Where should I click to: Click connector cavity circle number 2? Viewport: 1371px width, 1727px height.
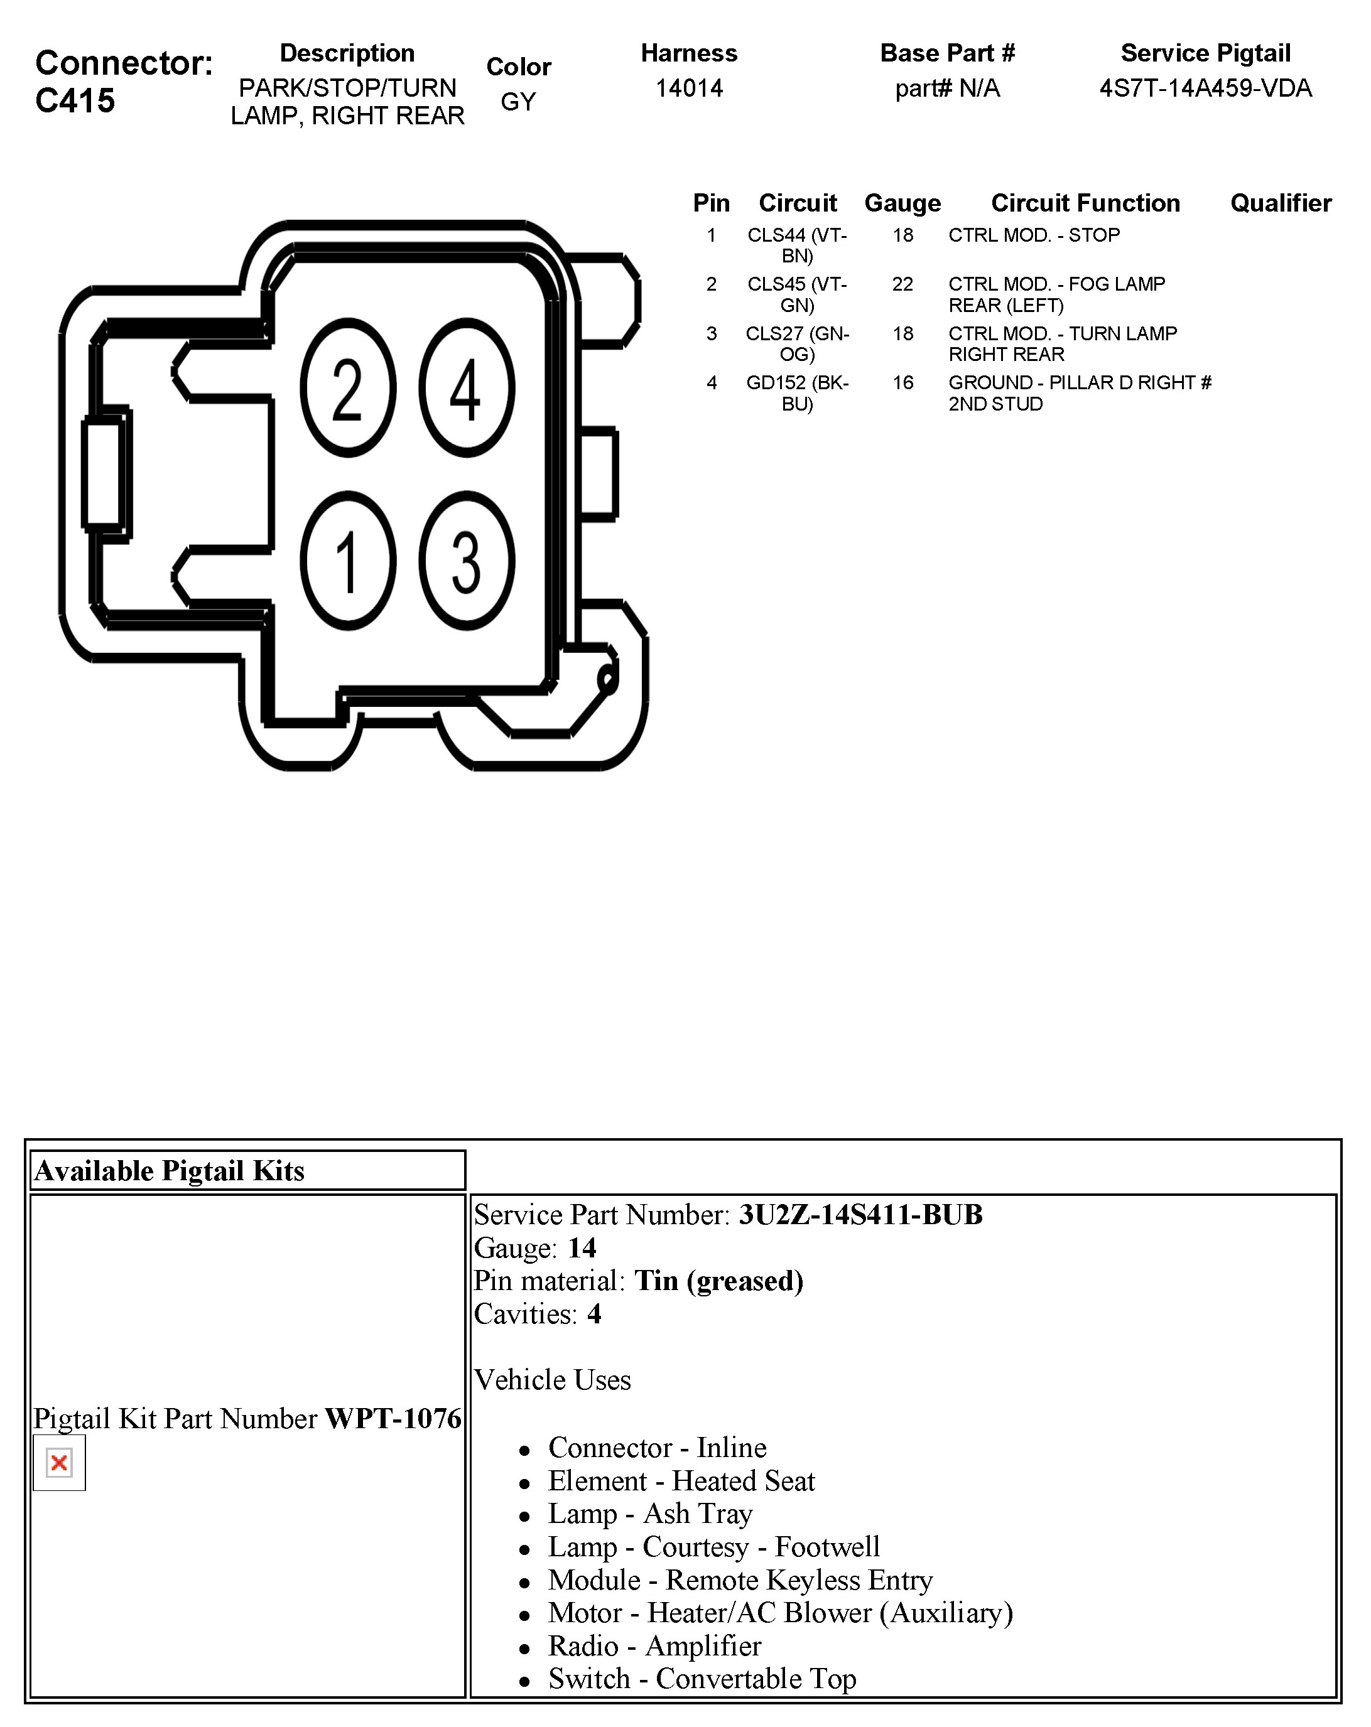point(348,388)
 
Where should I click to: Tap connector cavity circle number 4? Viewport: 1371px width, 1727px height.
point(467,388)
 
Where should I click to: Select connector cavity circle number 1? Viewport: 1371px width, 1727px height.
point(348,560)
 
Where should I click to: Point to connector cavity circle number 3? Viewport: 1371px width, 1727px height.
point(467,560)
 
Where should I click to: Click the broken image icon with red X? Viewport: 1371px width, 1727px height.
point(58,1463)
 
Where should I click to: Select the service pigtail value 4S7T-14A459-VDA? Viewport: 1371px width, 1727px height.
point(1205,88)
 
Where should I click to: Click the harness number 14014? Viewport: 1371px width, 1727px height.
point(688,88)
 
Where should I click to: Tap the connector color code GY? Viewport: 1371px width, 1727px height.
point(518,102)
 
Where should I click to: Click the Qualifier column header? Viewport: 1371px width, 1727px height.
point(1280,203)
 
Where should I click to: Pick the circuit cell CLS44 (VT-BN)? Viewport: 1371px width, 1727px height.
point(796,245)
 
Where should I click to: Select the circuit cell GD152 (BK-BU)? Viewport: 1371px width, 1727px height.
point(796,392)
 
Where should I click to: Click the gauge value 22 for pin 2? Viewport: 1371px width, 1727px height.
point(902,284)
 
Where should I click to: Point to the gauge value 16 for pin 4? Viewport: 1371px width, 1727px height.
point(902,383)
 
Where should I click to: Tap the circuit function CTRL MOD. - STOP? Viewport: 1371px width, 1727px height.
point(1034,235)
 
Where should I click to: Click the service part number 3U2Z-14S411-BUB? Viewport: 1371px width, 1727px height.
point(860,1214)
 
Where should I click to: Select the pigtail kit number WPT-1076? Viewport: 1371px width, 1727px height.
point(393,1419)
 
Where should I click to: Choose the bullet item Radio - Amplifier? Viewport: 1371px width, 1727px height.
point(654,1645)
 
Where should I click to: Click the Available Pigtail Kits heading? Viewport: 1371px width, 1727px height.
point(169,1170)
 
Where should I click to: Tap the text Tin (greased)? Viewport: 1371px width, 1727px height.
point(718,1280)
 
